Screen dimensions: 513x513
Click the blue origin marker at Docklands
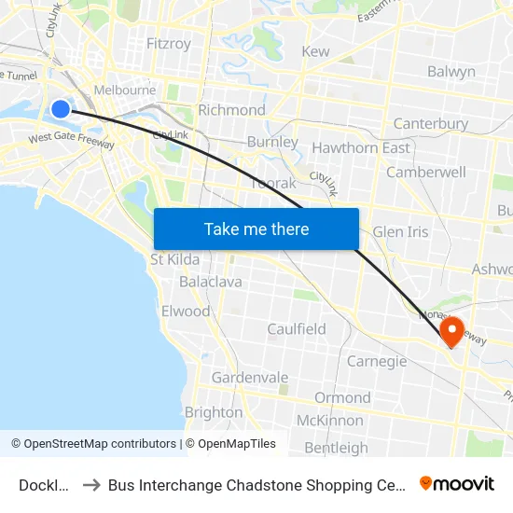point(61,109)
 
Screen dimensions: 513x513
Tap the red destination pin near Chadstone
point(452,331)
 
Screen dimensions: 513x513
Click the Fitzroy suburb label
point(169,44)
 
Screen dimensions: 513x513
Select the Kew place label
point(315,52)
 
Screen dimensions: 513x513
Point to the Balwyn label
point(451,72)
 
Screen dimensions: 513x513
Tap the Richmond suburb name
point(231,110)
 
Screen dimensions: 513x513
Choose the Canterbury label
point(430,124)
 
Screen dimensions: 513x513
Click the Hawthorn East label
point(360,148)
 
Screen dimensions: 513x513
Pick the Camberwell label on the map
point(425,173)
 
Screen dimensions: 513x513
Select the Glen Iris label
point(400,232)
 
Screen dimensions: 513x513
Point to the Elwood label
point(186,312)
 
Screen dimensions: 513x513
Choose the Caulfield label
point(297,329)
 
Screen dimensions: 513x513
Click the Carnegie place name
point(377,361)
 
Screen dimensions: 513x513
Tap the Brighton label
point(214,412)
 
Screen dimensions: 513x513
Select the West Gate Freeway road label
point(71,141)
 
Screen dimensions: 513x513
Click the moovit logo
point(457,483)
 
